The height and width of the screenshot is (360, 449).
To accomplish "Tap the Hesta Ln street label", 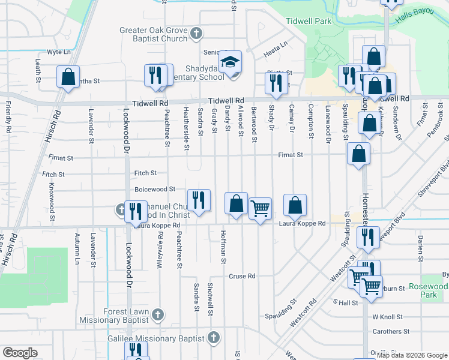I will pos(276,44).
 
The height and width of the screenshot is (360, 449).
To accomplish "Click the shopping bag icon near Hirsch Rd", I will pos(68,77).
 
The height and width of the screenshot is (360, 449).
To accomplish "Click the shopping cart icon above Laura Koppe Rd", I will pos(260,209).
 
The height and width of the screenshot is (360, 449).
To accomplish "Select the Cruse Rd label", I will pos(243,277).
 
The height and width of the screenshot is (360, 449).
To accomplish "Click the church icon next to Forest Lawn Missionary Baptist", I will pos(157,314).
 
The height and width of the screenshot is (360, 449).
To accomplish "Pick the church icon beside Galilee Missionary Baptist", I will pos(212,339).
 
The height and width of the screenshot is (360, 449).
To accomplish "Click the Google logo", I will pos(20,353).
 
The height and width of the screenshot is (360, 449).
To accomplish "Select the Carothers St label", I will pos(390,331).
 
